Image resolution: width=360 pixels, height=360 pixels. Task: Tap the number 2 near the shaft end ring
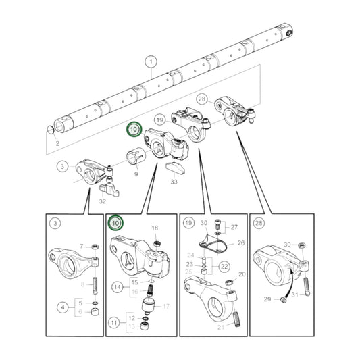(57, 143)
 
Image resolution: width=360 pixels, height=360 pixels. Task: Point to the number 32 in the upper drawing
(102, 200)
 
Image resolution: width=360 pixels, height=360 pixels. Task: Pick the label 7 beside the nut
(82, 246)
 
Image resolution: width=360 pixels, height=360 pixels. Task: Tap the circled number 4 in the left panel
(62, 308)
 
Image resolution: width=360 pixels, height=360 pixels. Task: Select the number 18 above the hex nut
(155, 229)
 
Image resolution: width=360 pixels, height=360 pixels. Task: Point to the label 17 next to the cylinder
(166, 305)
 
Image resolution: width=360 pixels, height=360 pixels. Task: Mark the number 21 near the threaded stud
(220, 327)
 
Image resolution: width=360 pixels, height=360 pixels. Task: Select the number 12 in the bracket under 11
(152, 317)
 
